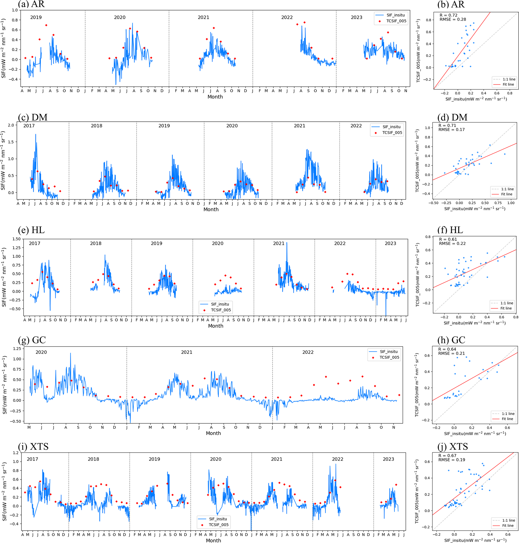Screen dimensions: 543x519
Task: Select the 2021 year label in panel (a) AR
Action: [203, 17]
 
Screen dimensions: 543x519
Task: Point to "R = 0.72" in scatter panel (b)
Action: [448, 15]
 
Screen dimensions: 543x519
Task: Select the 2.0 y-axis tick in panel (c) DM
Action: [11, 125]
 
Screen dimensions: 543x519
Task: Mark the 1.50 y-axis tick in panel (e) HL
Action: [16, 239]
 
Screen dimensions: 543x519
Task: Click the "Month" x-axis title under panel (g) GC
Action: [213, 433]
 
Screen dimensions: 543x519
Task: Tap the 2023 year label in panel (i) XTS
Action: [388, 459]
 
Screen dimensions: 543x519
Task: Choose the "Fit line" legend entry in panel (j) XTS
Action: [508, 526]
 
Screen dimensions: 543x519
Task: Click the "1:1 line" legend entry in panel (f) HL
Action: [506, 303]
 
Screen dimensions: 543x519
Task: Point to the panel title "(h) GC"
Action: [451, 340]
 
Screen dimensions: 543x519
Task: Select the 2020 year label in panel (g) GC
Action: [41, 352]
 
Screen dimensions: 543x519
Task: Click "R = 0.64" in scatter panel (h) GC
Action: [447, 349]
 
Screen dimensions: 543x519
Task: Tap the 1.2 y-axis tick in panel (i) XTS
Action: [16, 453]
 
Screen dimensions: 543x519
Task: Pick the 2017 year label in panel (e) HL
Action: [35, 244]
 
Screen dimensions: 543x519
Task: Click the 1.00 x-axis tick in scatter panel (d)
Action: [511, 203]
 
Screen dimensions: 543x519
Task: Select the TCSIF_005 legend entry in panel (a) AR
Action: [396, 21]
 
